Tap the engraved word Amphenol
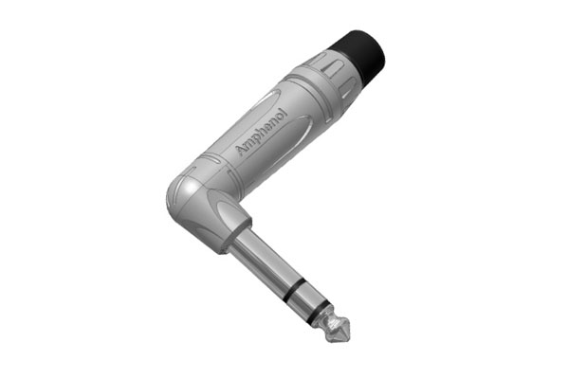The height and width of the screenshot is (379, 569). [x=262, y=132]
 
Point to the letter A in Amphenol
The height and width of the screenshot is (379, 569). [x=241, y=150]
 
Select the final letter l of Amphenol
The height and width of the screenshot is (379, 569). [x=284, y=112]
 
